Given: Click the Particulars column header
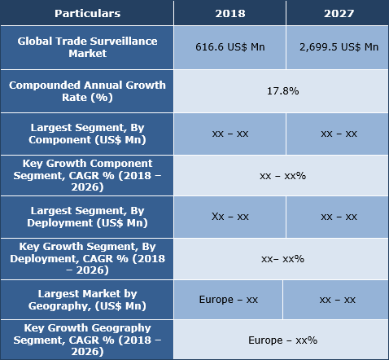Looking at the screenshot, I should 87,13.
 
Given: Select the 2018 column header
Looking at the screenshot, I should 230,13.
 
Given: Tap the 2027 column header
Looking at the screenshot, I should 338,13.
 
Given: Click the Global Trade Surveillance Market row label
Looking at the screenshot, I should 87,46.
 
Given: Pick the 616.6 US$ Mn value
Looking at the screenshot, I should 230,47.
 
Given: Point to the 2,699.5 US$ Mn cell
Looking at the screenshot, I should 338,47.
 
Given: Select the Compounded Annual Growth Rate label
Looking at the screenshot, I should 87,90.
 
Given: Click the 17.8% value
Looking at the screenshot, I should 282,90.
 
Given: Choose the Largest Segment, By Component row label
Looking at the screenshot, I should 87,134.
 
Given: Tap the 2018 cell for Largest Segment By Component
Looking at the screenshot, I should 230,134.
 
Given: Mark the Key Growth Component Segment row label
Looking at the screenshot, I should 87,175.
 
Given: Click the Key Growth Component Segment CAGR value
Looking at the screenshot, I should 282,175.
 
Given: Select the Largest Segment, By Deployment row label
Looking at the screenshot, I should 87,217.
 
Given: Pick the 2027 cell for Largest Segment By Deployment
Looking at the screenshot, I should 338,217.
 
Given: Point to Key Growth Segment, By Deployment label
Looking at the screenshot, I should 87,258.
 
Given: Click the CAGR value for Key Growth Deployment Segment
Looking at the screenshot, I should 282,259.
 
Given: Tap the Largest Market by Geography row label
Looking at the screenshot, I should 87,300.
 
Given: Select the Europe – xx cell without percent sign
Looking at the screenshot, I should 229,300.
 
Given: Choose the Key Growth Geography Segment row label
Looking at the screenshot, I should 87,339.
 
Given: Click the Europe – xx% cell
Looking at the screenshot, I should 282,339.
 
